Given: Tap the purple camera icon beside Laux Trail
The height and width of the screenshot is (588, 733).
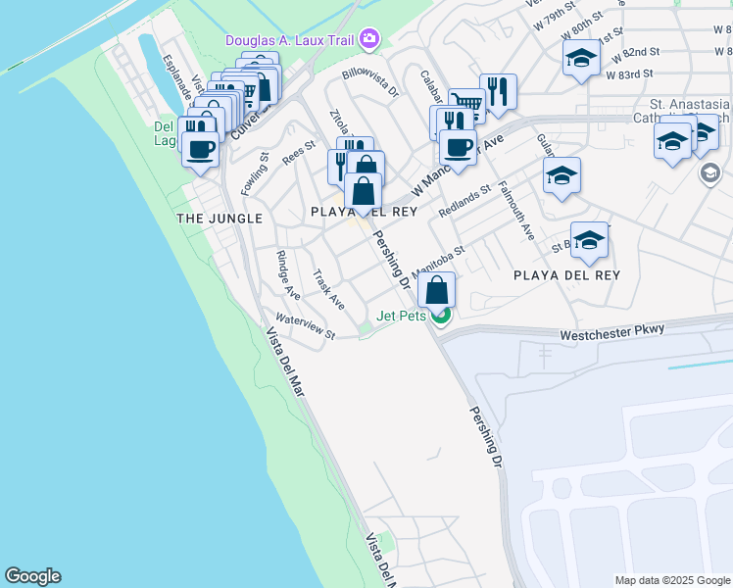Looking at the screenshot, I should point(369,39).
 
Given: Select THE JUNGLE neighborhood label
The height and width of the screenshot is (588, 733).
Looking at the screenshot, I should point(220,218).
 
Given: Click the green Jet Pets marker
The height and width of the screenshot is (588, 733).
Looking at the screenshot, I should point(442,316).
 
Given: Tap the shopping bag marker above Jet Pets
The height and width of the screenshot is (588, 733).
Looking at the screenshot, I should point(437,290).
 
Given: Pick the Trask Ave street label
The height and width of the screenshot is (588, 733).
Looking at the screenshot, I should point(328,288).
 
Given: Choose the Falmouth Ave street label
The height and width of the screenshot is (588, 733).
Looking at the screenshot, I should point(516,212).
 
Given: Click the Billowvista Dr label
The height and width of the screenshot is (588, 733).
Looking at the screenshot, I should point(370,84).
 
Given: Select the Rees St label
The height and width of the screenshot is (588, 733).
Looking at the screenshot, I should point(299,153).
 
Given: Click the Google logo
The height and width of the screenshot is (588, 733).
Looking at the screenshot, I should point(31,576).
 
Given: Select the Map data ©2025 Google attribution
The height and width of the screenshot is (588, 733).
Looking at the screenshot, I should point(671,580).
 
